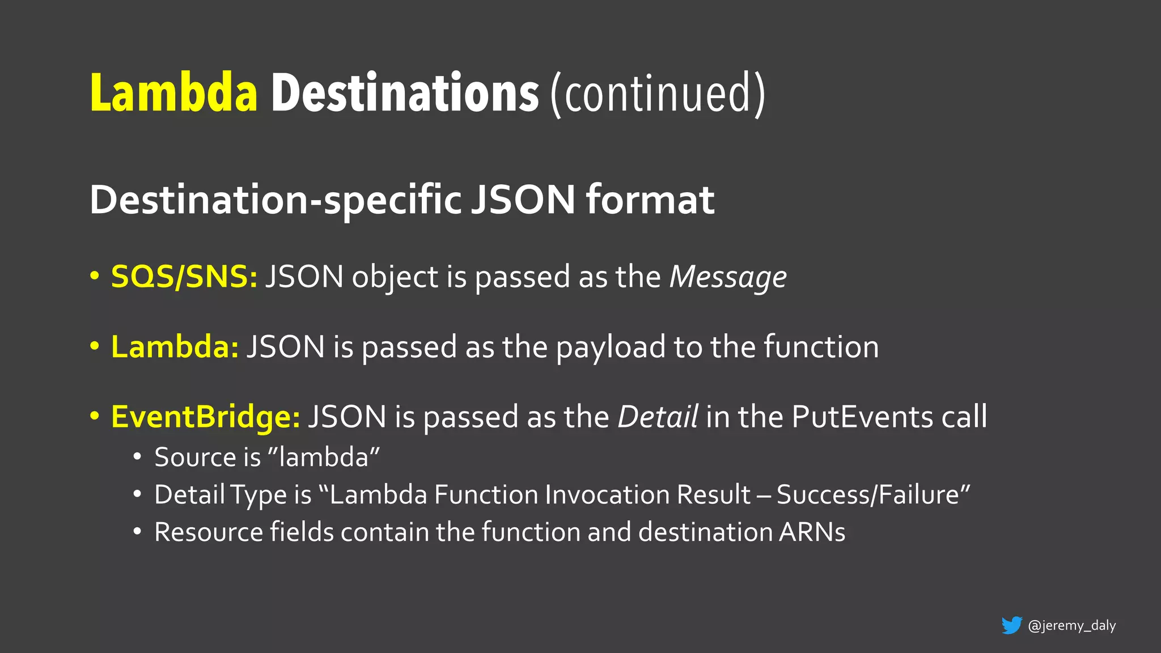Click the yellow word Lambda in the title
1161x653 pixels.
click(x=174, y=93)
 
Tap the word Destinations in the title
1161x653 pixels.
click(x=405, y=93)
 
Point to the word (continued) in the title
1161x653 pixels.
click(x=658, y=94)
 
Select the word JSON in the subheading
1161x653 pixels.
click(x=523, y=200)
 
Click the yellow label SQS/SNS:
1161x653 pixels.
click(x=184, y=277)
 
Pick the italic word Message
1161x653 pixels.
click(x=728, y=278)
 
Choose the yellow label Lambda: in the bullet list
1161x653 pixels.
click(x=175, y=347)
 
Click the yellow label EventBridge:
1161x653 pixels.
click(x=205, y=417)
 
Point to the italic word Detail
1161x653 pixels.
click(x=658, y=417)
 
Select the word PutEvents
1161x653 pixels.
click(x=862, y=417)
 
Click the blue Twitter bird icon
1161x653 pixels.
click(x=1011, y=625)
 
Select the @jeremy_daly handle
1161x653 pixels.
click(x=1071, y=625)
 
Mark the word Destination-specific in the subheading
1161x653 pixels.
click(x=276, y=201)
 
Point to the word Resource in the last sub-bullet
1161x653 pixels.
click(x=209, y=532)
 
